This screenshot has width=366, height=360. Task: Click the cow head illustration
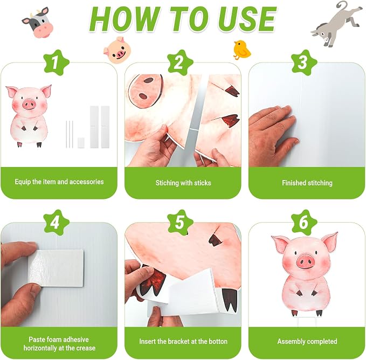pyautogui.click(x=38, y=22)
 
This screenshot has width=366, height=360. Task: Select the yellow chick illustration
pyautogui.click(x=242, y=50)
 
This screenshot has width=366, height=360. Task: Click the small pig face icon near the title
pyautogui.click(x=118, y=50)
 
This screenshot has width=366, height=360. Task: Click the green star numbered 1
pyautogui.click(x=56, y=63)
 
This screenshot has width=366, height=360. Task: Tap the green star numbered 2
pyautogui.click(x=180, y=63)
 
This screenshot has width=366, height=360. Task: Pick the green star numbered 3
pyautogui.click(x=304, y=63)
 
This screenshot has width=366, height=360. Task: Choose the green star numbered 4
pyautogui.click(x=56, y=223)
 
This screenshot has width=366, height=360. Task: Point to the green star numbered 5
pyautogui.click(x=180, y=223)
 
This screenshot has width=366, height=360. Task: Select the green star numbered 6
pyautogui.click(x=304, y=223)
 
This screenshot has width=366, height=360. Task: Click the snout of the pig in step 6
pyautogui.click(x=305, y=261)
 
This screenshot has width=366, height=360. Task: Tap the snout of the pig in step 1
pyautogui.click(x=29, y=104)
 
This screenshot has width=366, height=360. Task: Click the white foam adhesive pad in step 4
pyautogui.click(x=56, y=268)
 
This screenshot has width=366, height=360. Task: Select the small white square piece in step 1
pyautogui.click(x=81, y=143)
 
